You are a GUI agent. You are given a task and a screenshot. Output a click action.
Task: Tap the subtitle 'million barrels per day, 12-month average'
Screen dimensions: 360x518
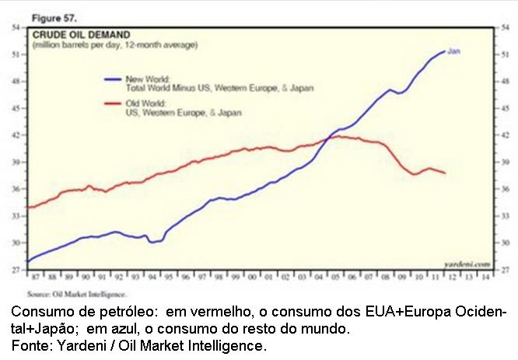(114, 45)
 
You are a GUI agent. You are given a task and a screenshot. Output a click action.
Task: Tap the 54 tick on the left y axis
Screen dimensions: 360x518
(15, 27)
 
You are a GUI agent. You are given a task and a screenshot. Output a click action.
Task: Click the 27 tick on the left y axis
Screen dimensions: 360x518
(15, 270)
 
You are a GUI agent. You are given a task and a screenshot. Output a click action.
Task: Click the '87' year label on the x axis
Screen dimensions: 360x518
(35, 276)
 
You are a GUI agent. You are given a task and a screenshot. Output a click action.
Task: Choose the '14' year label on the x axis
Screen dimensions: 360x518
(487, 276)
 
